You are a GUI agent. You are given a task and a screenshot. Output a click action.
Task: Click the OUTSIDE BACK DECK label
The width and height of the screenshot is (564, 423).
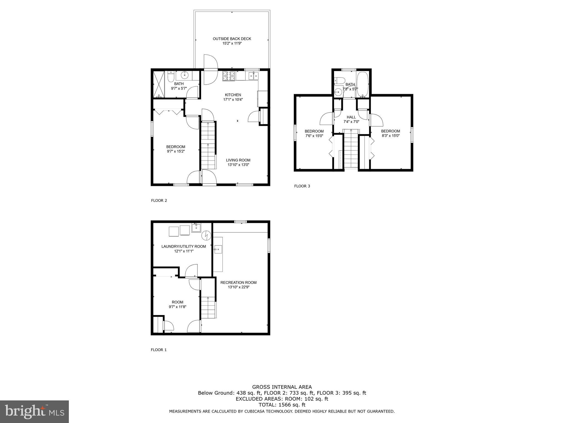[x=232, y=39]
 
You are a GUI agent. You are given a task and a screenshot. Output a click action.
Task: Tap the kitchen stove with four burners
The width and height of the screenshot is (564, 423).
[x=229, y=76]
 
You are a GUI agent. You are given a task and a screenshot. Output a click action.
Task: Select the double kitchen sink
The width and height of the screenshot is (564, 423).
[x=253, y=76]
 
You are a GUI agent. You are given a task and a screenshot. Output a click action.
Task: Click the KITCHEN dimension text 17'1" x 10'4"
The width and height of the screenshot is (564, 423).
[x=233, y=100]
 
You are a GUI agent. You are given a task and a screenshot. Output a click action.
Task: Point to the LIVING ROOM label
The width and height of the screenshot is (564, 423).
[x=238, y=160]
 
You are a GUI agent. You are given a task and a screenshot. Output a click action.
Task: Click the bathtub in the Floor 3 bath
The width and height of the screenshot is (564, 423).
[x=362, y=85]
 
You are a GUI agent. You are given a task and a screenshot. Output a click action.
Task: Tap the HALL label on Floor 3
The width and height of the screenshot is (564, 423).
[x=351, y=117]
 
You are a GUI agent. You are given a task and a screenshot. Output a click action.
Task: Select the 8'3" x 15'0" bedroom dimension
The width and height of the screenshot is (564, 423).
[x=390, y=136]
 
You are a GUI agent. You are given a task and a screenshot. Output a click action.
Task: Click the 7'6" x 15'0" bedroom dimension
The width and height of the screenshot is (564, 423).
[x=314, y=136]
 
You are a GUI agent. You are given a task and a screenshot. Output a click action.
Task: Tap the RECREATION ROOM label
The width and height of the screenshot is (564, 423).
[x=238, y=283]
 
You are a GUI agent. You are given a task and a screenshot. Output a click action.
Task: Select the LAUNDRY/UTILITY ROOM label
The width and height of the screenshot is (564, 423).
[x=183, y=246]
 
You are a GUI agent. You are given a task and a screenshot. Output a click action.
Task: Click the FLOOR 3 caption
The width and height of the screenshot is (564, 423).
[x=302, y=186]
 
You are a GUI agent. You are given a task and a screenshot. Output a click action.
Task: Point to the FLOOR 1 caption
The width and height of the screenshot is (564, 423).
[x=159, y=350]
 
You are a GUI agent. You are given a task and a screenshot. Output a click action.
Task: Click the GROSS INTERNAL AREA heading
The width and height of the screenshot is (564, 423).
[x=282, y=387]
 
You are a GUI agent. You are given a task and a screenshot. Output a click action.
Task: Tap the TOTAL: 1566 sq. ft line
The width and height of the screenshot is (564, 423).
[x=282, y=405]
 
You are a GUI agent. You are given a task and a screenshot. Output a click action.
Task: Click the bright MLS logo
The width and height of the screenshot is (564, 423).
[x=34, y=411]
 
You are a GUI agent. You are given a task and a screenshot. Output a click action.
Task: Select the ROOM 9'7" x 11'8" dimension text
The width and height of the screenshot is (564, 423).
[x=177, y=307]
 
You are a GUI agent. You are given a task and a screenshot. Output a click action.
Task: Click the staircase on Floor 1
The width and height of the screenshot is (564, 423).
[x=208, y=307]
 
